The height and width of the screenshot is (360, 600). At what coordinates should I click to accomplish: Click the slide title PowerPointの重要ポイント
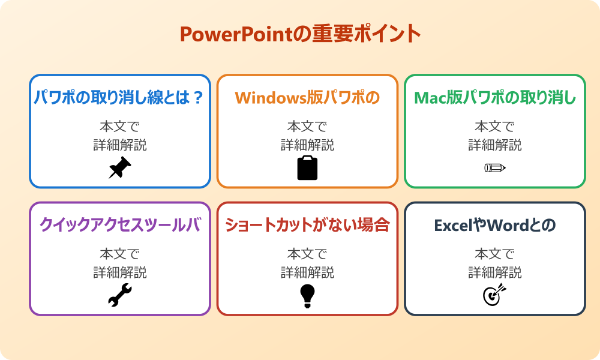(x=300, y=34)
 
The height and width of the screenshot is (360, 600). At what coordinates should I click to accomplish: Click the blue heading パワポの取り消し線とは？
(x=119, y=98)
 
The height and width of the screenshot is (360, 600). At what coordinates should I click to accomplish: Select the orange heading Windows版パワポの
(x=307, y=98)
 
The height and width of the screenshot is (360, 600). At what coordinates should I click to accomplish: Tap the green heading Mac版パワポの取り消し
(x=495, y=98)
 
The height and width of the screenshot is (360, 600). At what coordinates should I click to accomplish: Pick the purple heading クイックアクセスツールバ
(x=119, y=225)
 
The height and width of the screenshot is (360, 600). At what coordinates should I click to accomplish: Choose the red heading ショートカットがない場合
(x=307, y=225)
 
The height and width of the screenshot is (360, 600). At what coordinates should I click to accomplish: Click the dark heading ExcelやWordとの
(x=495, y=225)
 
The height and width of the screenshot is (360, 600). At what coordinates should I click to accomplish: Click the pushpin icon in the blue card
(x=119, y=168)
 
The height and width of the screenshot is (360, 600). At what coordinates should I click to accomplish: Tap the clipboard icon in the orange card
(x=307, y=168)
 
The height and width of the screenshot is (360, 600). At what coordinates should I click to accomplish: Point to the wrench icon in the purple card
(x=119, y=295)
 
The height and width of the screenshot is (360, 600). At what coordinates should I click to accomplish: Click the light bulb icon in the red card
(x=307, y=295)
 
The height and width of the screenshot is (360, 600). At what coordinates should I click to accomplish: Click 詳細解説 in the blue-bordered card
(x=119, y=145)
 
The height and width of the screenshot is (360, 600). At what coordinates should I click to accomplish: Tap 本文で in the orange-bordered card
(x=307, y=127)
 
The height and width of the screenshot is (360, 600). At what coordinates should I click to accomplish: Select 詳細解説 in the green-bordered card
(x=495, y=145)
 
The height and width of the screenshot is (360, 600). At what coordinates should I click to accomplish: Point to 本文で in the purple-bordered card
(x=119, y=254)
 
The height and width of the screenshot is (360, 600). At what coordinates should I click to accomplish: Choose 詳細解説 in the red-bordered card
(x=307, y=272)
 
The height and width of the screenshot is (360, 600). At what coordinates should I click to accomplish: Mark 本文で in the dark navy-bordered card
(x=495, y=254)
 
